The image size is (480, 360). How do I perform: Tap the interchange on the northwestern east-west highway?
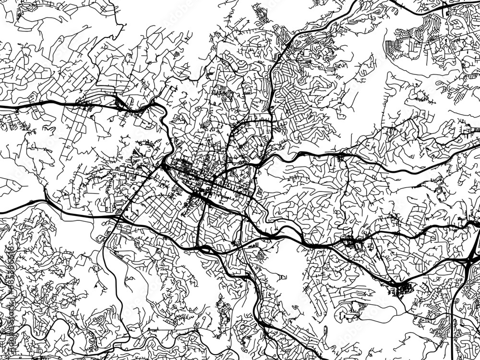coord(122,103)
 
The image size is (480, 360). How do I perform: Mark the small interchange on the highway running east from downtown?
coord(341,156)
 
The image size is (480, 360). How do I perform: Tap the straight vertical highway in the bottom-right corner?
coord(453,331)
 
